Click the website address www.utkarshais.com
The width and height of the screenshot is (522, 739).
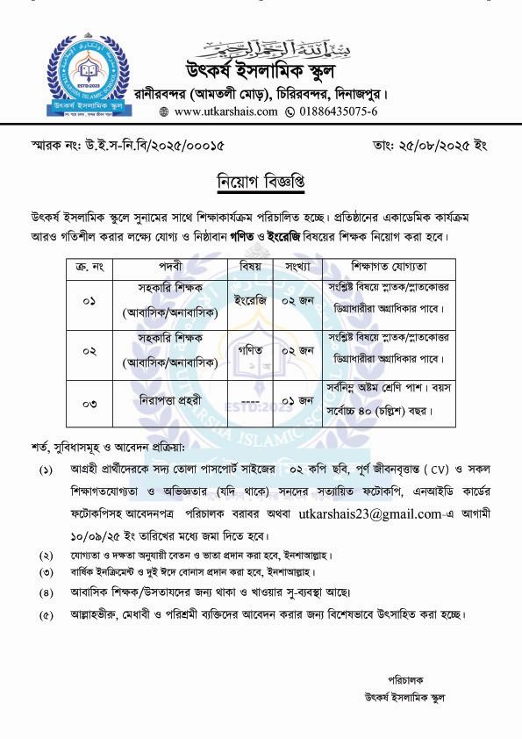click(213, 112)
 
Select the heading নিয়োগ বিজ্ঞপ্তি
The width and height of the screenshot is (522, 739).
click(261, 181)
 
